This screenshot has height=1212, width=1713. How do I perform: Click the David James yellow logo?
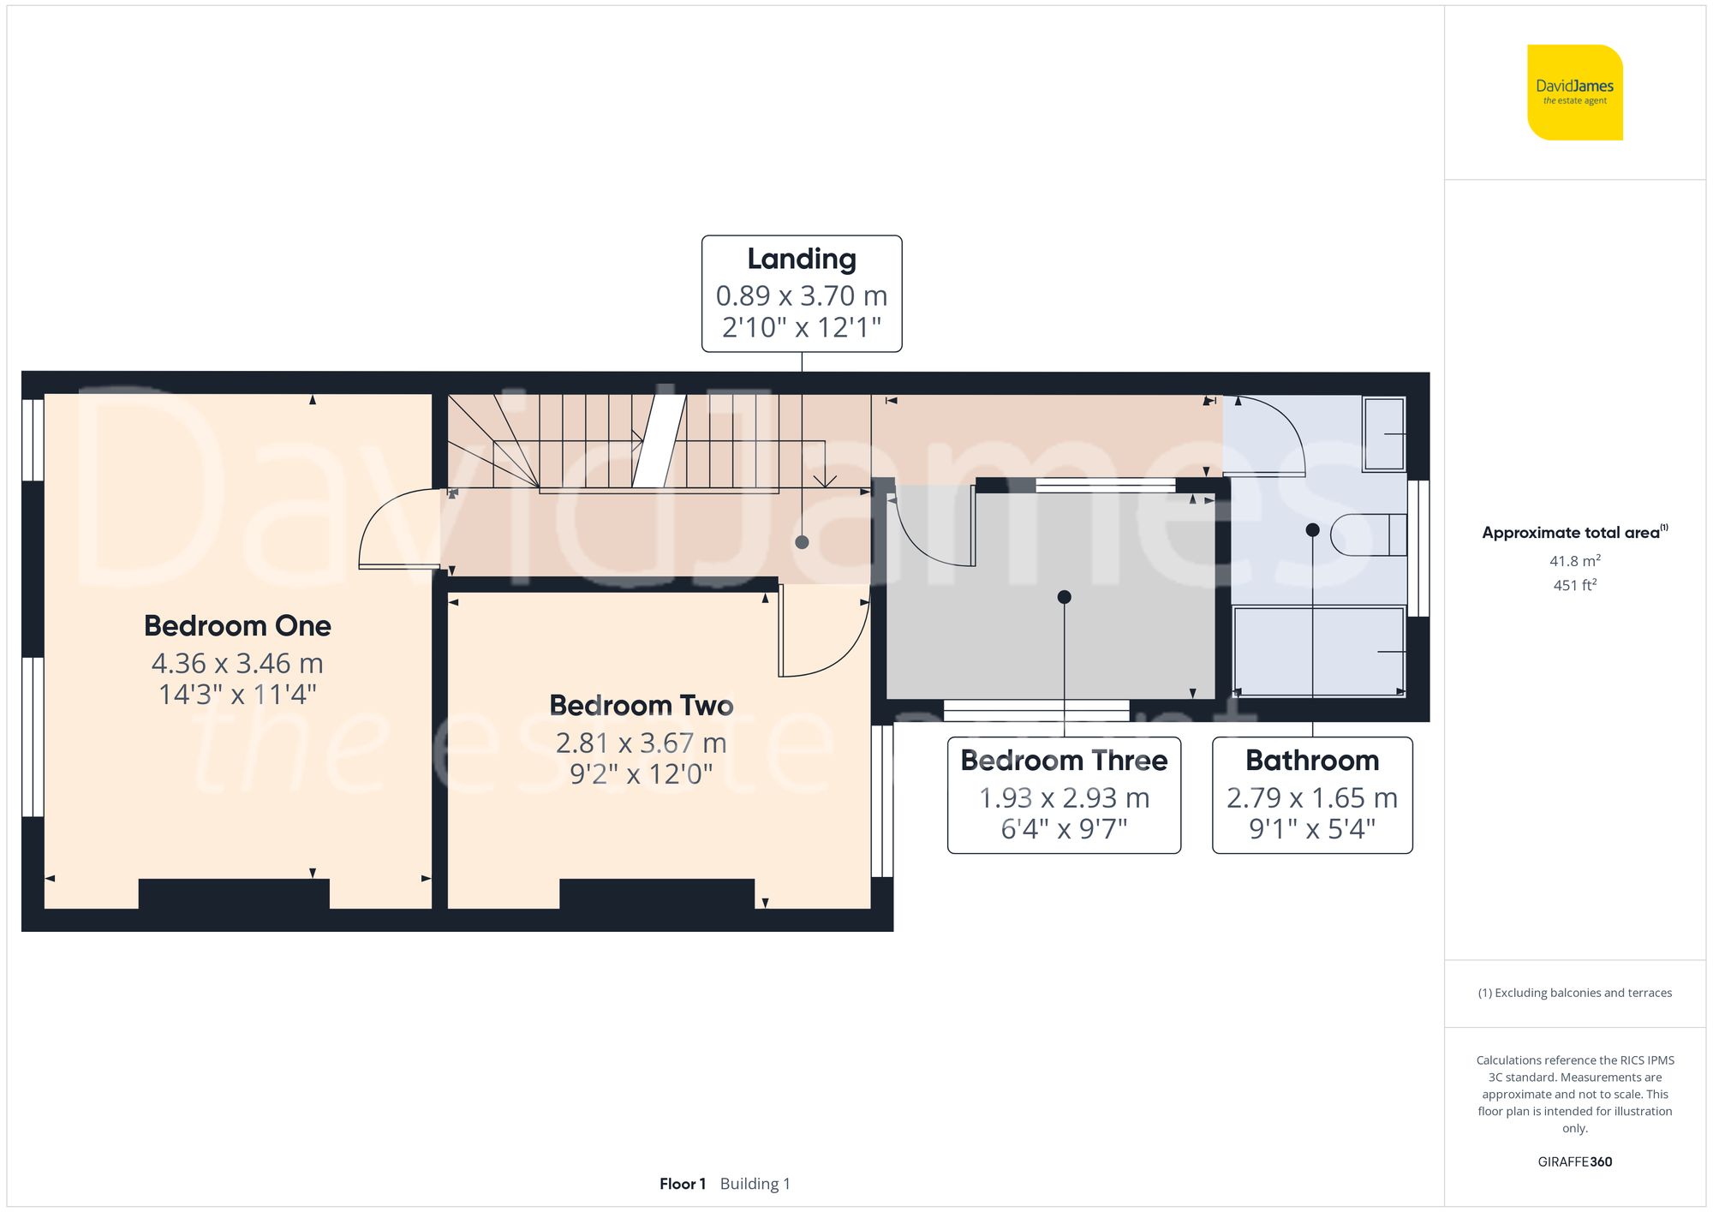click(x=1574, y=93)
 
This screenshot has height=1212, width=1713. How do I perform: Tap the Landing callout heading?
click(x=801, y=259)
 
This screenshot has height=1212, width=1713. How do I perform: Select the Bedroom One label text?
click(x=237, y=625)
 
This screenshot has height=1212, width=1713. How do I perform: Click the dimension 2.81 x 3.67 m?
click(x=641, y=743)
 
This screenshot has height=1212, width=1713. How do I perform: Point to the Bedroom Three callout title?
click(x=1064, y=761)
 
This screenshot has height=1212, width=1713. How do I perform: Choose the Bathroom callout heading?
click(x=1312, y=761)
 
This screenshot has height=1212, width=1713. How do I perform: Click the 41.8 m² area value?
click(x=1574, y=561)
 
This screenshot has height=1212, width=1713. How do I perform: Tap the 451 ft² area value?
click(x=1574, y=585)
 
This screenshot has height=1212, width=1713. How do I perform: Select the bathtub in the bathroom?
click(x=1317, y=651)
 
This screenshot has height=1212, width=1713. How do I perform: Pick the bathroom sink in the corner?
click(x=1383, y=433)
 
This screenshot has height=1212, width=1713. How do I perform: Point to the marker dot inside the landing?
click(x=802, y=542)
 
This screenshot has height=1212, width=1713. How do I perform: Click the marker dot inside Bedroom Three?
click(x=1064, y=597)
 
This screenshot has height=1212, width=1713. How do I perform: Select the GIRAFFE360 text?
click(x=1574, y=1161)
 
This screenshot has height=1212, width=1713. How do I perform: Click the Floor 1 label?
click(x=683, y=1184)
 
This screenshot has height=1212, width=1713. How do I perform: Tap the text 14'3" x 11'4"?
click(x=237, y=694)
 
